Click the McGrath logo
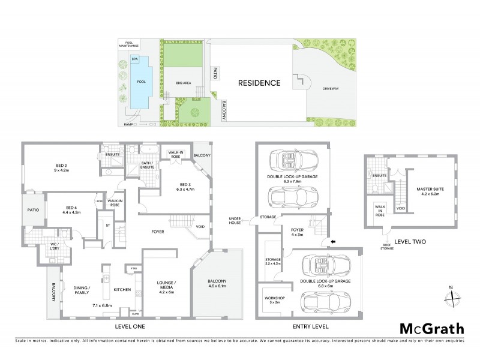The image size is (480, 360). coord(432,328)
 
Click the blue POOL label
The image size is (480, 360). coord(141,81)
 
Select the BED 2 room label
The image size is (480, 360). coord(61,167)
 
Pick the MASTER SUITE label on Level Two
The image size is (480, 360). coord(428,191)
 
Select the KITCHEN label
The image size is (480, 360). coord(122,290)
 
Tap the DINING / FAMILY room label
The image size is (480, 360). coord(81,289)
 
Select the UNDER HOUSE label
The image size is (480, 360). coord(235,221)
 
